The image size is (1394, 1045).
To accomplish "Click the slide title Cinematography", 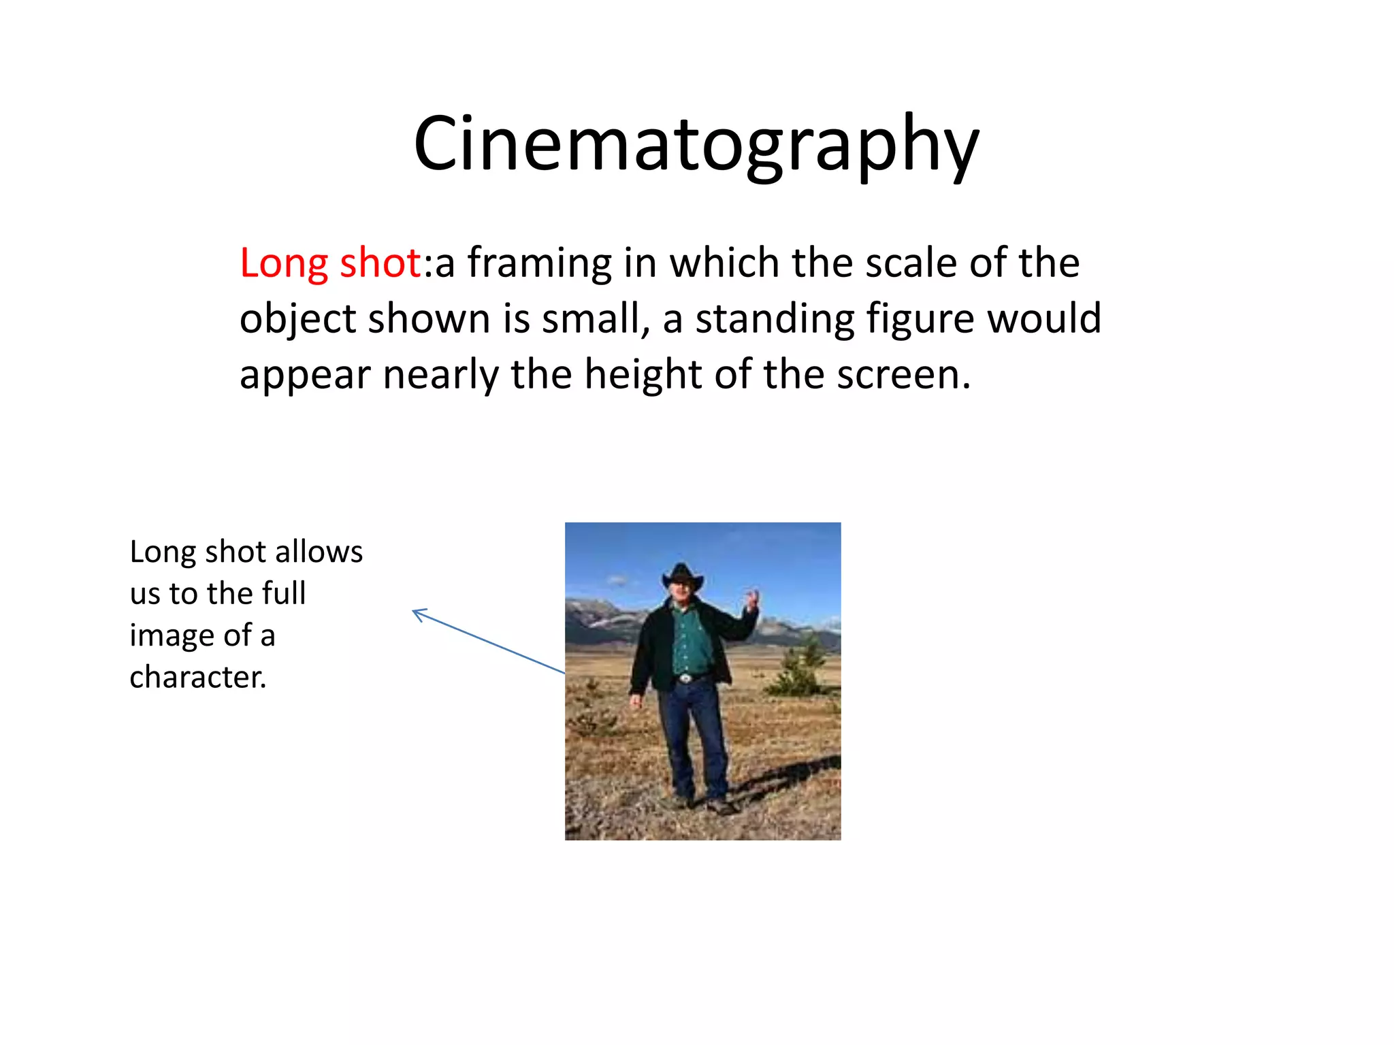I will tap(696, 145).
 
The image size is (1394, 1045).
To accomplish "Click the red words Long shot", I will tap(330, 263).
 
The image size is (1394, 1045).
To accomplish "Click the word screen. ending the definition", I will tap(903, 376).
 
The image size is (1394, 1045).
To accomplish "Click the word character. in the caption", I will tap(197, 677).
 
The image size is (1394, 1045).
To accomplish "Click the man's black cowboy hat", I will tap(682, 576).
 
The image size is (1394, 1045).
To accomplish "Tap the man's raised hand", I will tap(751, 600).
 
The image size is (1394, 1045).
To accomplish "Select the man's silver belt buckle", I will tap(685, 678).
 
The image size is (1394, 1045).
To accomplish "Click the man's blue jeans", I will tap(694, 735).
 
